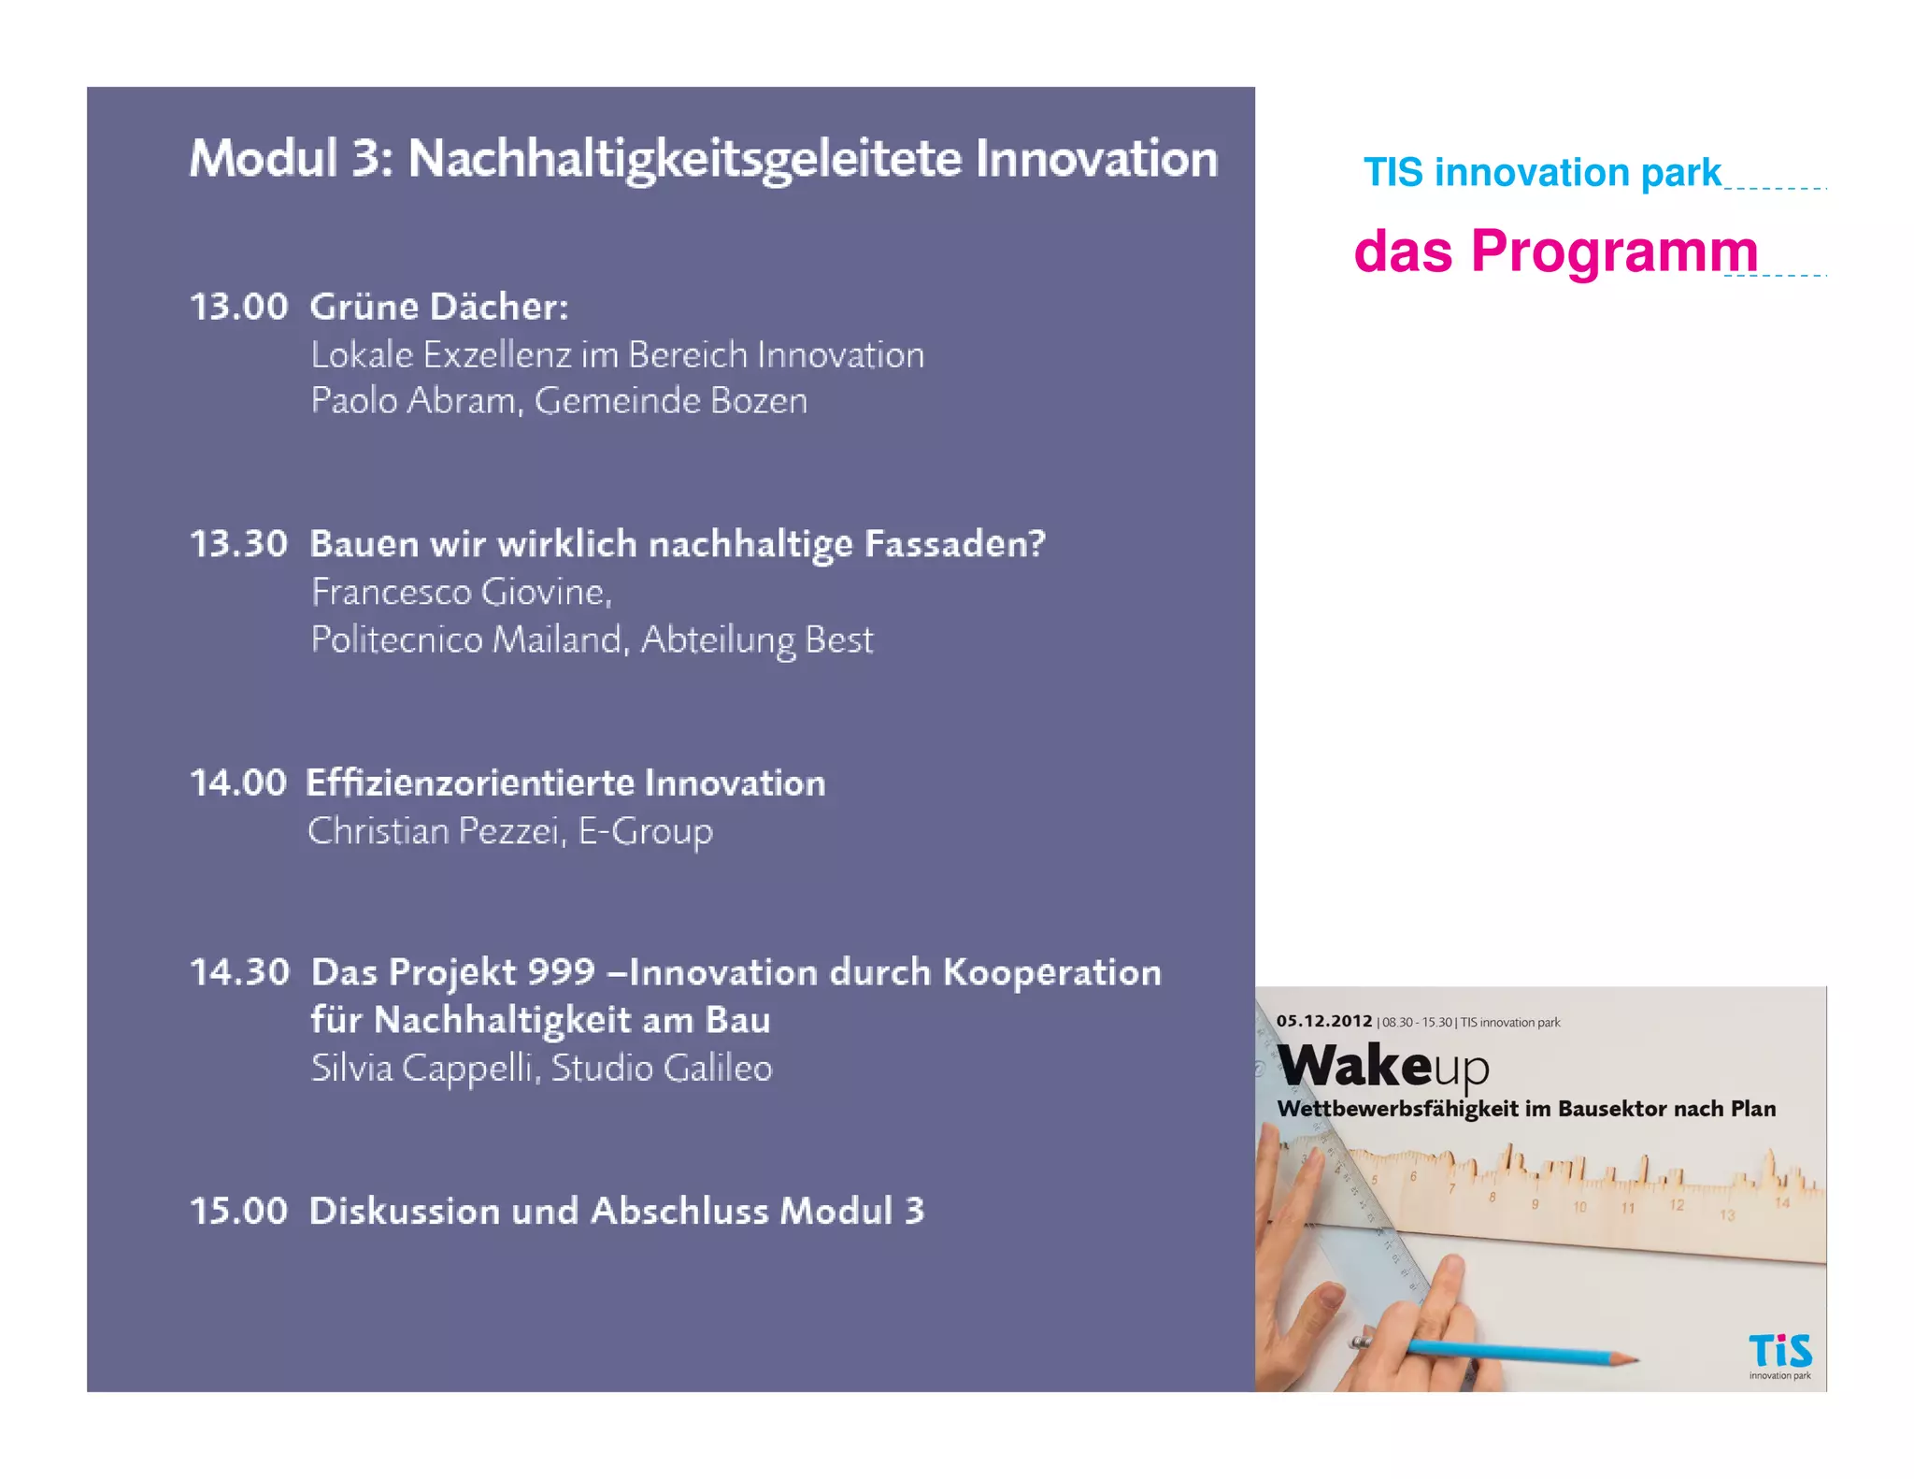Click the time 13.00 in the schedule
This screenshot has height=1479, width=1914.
[x=239, y=307]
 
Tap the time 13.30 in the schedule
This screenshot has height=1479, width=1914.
[x=239, y=544]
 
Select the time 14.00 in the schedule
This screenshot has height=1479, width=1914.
[x=238, y=783]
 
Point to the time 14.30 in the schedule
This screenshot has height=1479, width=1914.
[x=240, y=972]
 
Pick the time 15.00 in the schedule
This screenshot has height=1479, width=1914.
[x=239, y=1211]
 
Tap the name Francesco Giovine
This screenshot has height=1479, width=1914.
[x=461, y=593]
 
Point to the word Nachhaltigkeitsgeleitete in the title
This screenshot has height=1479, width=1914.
[x=685, y=159]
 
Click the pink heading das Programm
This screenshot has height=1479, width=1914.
[x=1556, y=251]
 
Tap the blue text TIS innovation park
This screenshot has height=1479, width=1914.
[x=1542, y=173]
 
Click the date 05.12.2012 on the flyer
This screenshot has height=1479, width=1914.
[x=1324, y=1021]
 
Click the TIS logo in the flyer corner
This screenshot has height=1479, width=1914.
[x=1779, y=1353]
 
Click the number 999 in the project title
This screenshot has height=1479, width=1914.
[x=562, y=972]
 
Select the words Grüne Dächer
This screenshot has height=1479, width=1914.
[x=439, y=307]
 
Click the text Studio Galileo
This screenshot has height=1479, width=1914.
[x=662, y=1069]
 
